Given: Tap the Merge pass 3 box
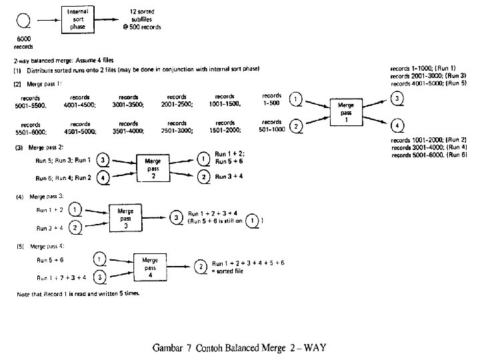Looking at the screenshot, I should [x=125, y=217].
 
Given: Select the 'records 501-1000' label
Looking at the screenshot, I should [x=271, y=125].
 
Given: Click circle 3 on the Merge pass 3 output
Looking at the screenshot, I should [x=176, y=217].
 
